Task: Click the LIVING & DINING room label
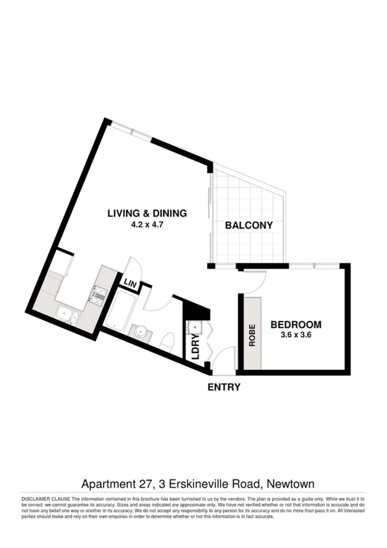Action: coord(147,213)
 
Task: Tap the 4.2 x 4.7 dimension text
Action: coord(147,226)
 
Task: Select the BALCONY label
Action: coord(249,226)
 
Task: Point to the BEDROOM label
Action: coord(296,324)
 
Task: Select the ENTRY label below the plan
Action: coord(224,388)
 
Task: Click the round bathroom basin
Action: coord(139,331)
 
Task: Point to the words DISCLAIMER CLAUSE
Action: coord(46,499)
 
